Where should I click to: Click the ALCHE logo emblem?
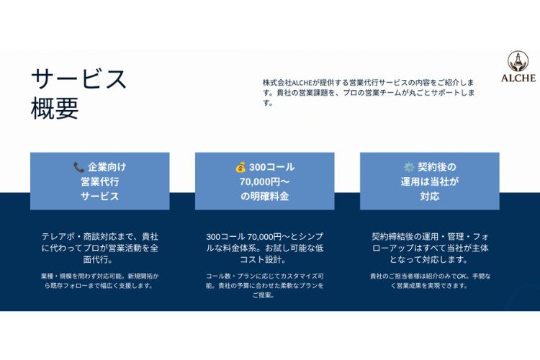518,62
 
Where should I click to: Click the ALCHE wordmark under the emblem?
518,78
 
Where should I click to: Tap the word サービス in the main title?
79,79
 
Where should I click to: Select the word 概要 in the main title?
55,108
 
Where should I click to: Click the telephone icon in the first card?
79,168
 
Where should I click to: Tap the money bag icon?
240,168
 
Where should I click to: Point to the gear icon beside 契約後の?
409,168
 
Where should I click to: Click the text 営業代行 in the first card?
100,181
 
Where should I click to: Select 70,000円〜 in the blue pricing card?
265,181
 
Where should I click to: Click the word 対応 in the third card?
429,197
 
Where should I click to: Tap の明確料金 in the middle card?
264,197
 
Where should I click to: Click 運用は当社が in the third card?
429,181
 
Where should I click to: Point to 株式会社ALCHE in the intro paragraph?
287,83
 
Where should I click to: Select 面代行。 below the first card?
98,259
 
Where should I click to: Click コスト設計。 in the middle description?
263,259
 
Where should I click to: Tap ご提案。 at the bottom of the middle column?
263,295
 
